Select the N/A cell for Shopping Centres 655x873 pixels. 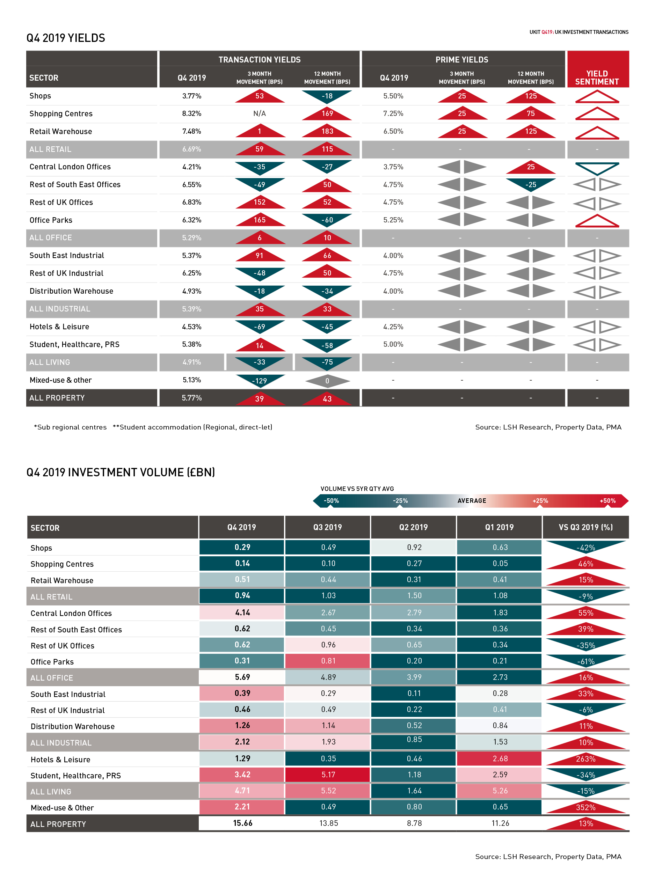point(260,113)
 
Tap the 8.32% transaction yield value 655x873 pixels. point(191,113)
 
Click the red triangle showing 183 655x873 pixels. point(327,131)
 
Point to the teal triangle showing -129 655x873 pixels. point(260,380)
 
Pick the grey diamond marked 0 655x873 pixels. point(327,381)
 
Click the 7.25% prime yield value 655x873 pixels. point(393,113)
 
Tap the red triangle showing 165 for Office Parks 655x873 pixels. point(260,220)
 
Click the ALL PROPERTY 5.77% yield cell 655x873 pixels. point(191,398)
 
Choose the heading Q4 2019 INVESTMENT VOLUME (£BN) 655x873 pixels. point(121,472)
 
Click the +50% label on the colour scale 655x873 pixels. point(607,501)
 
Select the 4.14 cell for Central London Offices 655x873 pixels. point(242,612)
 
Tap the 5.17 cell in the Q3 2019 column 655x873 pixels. point(328,775)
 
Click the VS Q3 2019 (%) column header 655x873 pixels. point(585,527)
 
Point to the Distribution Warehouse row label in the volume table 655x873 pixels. point(73,727)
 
